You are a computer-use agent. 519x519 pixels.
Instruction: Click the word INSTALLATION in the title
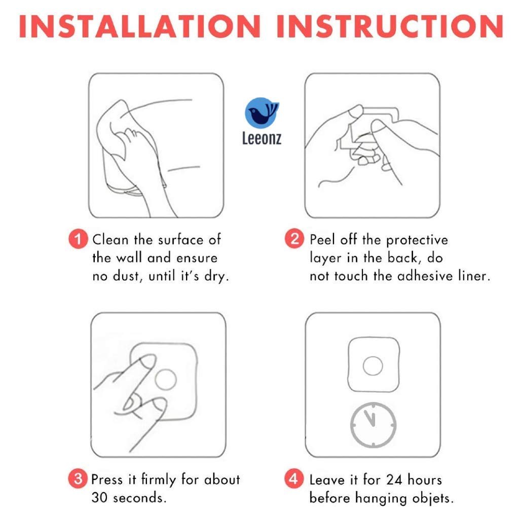(140, 26)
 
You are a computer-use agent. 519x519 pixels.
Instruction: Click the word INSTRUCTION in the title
(390, 26)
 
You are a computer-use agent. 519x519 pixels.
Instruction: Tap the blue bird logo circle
(262, 113)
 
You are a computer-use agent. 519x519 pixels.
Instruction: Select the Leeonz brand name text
(262, 138)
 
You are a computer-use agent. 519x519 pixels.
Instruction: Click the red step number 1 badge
(78, 239)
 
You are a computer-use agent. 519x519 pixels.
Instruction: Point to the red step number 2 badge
(294, 239)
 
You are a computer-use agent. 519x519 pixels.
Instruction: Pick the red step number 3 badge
(78, 478)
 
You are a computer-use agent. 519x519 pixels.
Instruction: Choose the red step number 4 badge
(294, 478)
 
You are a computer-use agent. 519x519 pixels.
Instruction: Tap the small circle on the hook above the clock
(373, 366)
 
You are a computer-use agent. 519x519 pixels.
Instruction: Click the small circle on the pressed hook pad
(166, 379)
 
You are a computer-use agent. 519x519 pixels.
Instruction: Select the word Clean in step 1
(110, 240)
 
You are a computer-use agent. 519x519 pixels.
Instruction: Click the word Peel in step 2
(322, 240)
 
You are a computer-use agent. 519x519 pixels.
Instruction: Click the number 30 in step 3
(99, 498)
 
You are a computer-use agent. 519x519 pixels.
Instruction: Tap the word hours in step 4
(425, 480)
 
